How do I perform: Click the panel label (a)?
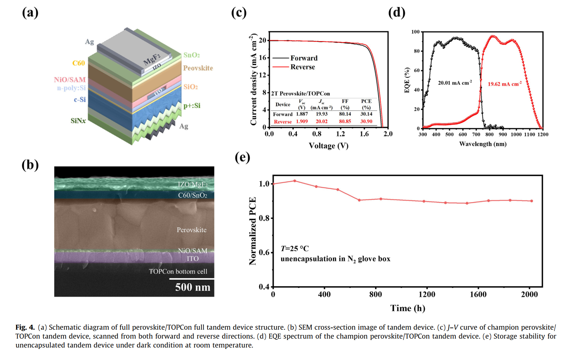(x=30, y=12)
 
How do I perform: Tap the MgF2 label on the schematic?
(x=152, y=58)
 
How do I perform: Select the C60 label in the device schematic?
(x=79, y=63)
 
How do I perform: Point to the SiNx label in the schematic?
(x=78, y=121)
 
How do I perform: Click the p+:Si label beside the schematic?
(x=192, y=106)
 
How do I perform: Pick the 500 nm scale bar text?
(x=193, y=287)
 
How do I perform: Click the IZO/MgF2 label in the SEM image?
(x=193, y=184)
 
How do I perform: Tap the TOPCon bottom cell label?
(x=178, y=271)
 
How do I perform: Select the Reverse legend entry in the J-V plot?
(x=303, y=67)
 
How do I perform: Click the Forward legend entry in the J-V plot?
(x=304, y=58)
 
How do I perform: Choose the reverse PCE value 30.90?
(x=366, y=121)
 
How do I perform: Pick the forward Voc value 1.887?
(x=302, y=114)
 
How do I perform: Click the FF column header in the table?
(x=345, y=101)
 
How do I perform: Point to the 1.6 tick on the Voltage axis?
(x=364, y=134)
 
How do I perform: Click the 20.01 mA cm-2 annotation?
(x=455, y=83)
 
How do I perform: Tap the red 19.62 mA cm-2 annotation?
(x=504, y=84)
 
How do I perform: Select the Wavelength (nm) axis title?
(x=483, y=144)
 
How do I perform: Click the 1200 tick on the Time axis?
(x=427, y=295)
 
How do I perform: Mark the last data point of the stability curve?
(x=532, y=201)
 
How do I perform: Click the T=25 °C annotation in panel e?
(x=295, y=249)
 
